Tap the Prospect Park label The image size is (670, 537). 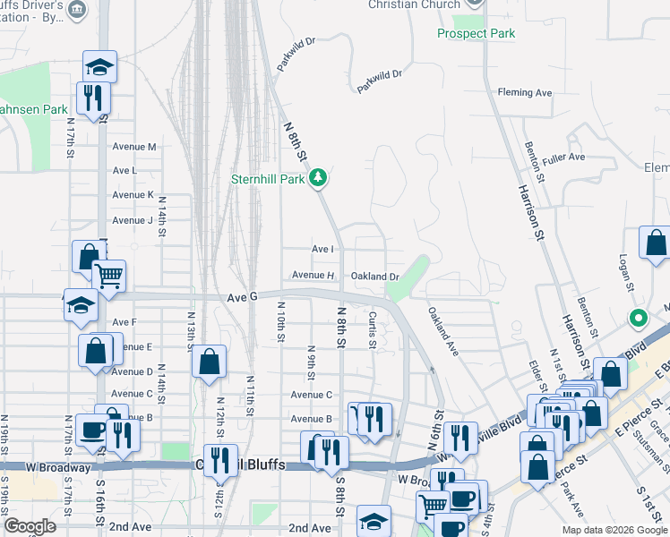tap(477, 34)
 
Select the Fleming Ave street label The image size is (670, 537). tap(525, 92)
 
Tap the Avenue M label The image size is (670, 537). tap(134, 147)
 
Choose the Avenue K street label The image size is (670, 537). tap(133, 195)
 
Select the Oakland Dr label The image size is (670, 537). tap(374, 277)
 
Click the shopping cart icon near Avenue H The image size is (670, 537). tap(108, 277)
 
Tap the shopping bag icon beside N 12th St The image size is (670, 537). tap(209, 362)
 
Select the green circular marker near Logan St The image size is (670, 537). tap(638, 318)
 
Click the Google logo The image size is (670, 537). tap(30, 526)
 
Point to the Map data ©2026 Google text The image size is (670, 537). tap(614, 530)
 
